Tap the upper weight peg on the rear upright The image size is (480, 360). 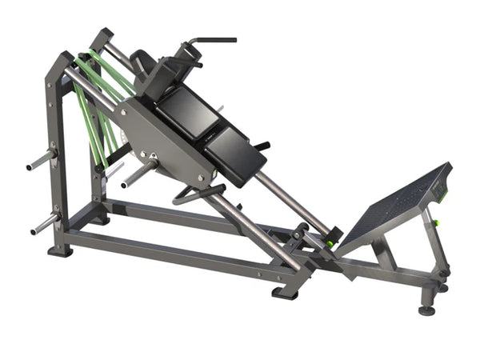coord(40,159)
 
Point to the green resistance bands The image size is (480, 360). coord(94,112)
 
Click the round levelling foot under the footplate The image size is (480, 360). coord(427,309)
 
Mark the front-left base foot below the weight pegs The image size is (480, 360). coord(61,251)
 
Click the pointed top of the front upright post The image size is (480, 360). coord(61,57)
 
